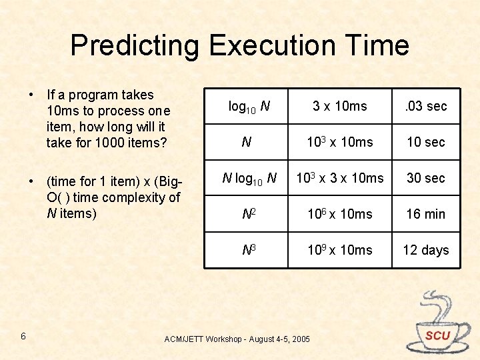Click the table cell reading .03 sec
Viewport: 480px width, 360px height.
pos(426,106)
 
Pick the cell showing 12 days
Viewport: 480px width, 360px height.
pos(426,250)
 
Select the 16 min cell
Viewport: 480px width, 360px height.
pos(426,214)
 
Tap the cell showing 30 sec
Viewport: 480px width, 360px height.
pos(426,178)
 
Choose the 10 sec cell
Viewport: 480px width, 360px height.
pos(426,142)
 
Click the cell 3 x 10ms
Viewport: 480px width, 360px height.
pos(340,106)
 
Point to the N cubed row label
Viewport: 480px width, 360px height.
pos(246,250)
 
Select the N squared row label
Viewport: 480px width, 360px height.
pos(246,214)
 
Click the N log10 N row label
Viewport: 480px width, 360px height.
pos(246,178)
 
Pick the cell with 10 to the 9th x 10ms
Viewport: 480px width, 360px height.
pos(340,250)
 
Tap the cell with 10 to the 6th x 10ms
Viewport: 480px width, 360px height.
pos(340,214)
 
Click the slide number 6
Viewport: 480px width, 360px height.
pos(23,336)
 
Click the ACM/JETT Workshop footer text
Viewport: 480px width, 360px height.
pos(237,339)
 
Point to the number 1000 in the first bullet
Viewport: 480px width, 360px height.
pos(107,142)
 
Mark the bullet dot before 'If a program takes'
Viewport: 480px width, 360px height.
pos(31,95)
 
